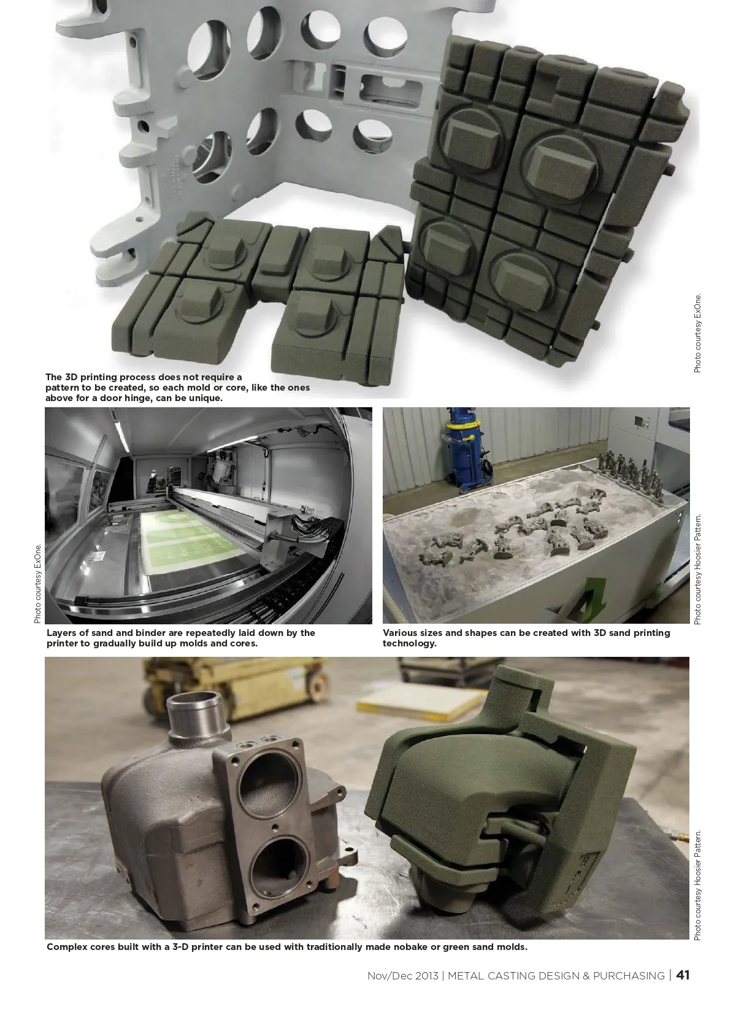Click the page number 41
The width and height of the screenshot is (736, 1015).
pos(683,975)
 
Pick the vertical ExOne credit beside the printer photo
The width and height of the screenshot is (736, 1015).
pos(37,583)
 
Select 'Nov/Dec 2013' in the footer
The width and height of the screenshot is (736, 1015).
pos(403,976)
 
